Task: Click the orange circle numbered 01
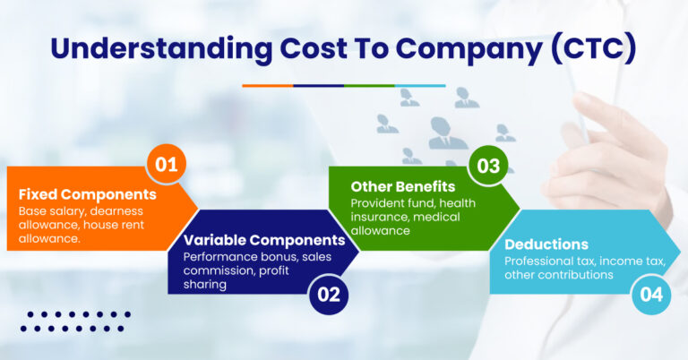pos(167,164)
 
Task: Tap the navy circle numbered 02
pos(329,295)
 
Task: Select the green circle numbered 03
pos(488,166)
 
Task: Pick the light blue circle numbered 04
pos(651,295)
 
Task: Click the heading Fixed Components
pos(87,194)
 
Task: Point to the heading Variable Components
pos(264,240)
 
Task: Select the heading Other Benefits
pos(403,187)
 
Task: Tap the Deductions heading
pos(546,244)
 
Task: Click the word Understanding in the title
pos(161,48)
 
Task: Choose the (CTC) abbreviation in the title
pos(593,47)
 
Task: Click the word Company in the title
pos(469,49)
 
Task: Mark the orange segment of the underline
pos(268,86)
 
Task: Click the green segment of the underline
pos(369,86)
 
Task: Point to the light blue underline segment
pos(420,86)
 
